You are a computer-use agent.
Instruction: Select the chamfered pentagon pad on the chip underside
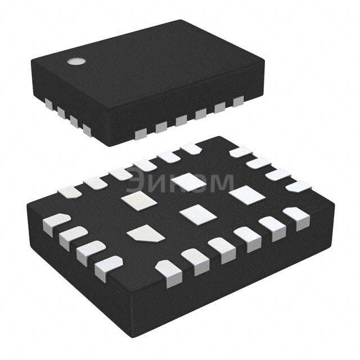145,234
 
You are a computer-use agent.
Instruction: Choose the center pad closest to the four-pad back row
243,195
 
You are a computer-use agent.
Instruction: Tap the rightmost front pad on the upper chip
238,101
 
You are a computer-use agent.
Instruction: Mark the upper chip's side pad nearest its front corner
87,130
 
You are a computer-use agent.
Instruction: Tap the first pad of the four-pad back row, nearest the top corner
240,151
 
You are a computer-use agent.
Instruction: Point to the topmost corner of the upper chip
181,21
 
